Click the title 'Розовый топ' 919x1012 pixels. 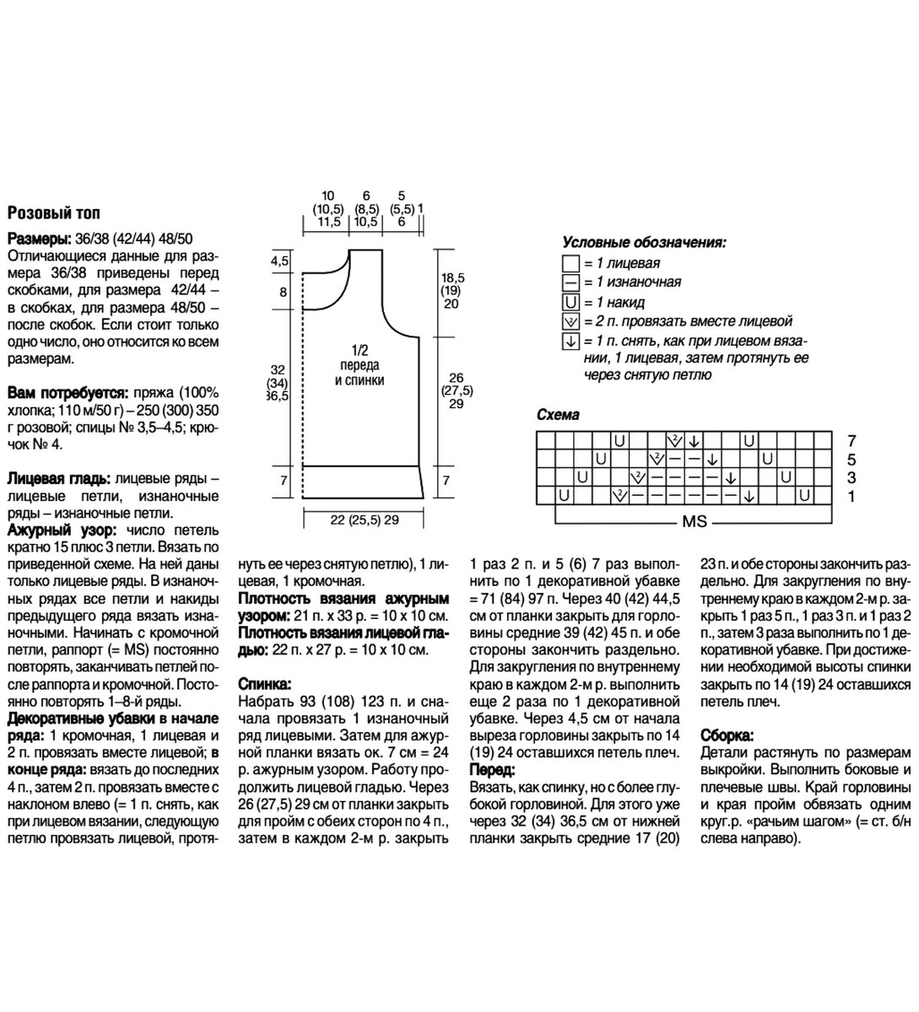tap(53, 213)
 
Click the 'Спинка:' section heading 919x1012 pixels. tap(266, 684)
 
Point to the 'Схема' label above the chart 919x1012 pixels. tap(558, 415)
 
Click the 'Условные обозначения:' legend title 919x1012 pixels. tap(644, 243)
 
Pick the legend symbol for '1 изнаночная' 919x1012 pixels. tap(570, 283)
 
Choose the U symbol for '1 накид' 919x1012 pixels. tap(570, 302)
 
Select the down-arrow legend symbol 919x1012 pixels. tap(570, 342)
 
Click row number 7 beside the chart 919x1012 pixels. tap(851, 440)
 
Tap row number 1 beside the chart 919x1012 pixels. tap(851, 497)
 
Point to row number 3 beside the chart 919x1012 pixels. tap(851, 478)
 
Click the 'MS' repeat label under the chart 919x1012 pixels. tap(694, 522)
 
